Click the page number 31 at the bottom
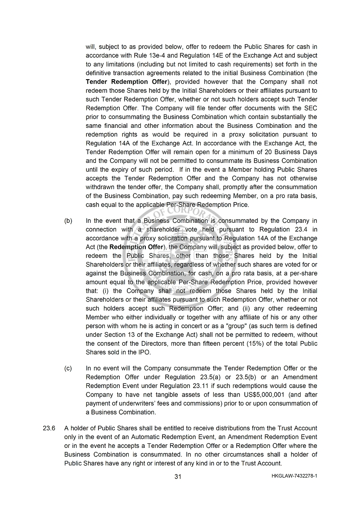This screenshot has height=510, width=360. pyautogui.click(x=178, y=477)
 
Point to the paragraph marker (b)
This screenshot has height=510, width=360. pyautogui.click(x=68, y=221)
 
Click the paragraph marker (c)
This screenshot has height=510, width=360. pyautogui.click(x=68, y=369)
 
